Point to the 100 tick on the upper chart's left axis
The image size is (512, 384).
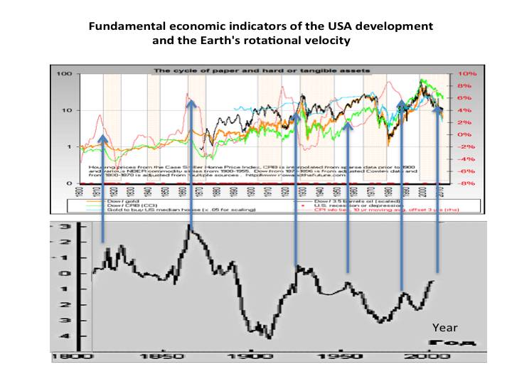[66, 74]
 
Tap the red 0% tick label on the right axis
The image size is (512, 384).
[466, 134]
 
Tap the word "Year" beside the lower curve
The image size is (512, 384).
[445, 328]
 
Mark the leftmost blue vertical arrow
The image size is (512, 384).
[104, 188]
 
